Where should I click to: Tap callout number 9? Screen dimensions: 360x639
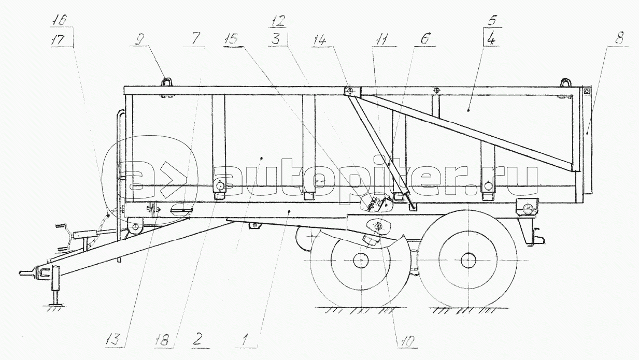pos(139,38)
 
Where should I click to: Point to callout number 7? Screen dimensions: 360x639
pos(194,38)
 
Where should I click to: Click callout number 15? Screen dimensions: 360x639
pos(233,38)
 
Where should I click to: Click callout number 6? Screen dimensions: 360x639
pos(423,38)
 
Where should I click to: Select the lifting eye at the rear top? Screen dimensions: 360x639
pos(566,82)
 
